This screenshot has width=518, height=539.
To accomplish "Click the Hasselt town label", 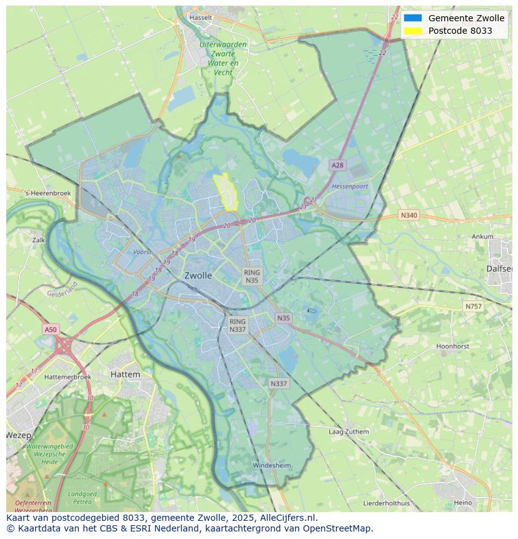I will tap(200, 18).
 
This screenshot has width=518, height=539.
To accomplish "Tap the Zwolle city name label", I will tap(198, 275).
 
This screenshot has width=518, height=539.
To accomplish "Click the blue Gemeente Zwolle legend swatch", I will tap(412, 18).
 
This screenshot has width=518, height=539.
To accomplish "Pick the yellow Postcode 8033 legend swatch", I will tap(412, 31).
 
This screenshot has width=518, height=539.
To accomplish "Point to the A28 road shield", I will tap(337, 165).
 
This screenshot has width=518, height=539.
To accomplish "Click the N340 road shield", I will tap(409, 215).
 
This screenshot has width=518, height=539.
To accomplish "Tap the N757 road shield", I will tap(474, 307).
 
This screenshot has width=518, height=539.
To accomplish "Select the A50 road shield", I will tap(50, 329).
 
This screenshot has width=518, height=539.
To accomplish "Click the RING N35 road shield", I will tap(251, 277).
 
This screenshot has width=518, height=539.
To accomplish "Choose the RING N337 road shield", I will tap(238, 326).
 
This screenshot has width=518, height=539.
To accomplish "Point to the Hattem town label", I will tap(125, 374).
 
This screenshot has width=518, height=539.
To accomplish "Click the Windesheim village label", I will tap(272, 466).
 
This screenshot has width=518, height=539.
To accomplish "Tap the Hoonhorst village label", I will tap(452, 346).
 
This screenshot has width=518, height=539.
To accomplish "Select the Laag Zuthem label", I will tap(348, 432).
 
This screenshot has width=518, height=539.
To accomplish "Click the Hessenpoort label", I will tap(350, 187).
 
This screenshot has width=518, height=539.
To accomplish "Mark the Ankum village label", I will tap(482, 237).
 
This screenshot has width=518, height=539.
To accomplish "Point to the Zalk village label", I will tap(39, 240).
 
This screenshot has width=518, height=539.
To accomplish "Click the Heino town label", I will tap(463, 503).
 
